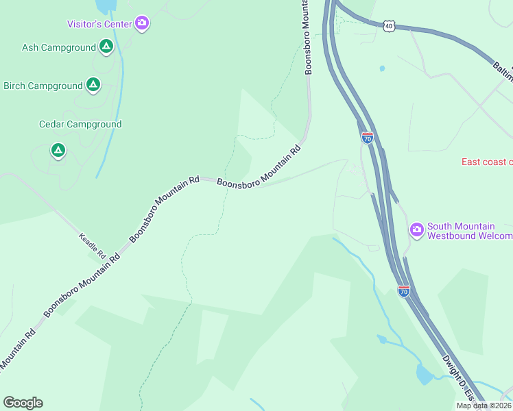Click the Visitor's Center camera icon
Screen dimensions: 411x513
(x=142, y=24)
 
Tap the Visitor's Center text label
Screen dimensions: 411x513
(x=99, y=24)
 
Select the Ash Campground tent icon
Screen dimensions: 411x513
(x=106, y=47)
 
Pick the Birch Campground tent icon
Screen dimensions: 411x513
(x=93, y=86)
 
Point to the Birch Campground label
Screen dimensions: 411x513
(x=43, y=86)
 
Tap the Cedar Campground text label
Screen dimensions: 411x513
(x=80, y=124)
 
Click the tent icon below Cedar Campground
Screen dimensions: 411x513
(x=58, y=150)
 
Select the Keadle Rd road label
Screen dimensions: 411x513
(x=92, y=246)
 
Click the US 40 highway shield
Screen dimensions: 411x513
(x=389, y=25)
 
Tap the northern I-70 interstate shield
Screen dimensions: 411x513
(x=368, y=138)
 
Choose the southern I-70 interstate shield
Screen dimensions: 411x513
(x=403, y=291)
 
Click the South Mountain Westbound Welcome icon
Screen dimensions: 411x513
(x=416, y=229)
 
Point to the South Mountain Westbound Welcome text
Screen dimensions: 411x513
(x=469, y=232)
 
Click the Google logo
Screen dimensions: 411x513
(x=23, y=403)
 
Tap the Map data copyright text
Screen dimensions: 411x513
(x=484, y=406)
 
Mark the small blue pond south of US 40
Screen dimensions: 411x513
(x=382, y=68)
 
